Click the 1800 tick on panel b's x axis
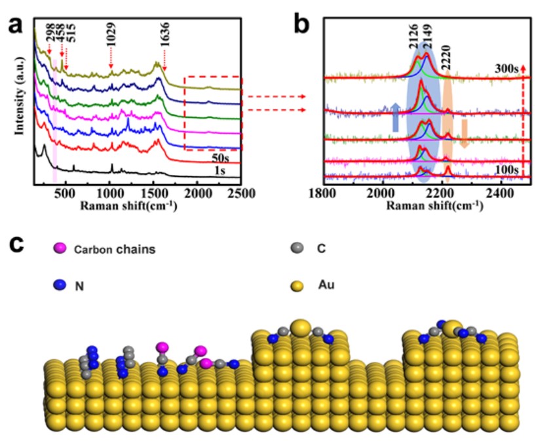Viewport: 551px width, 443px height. point(324,194)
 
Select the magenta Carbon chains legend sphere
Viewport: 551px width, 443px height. point(61,249)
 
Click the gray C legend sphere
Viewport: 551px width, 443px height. point(297,248)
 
